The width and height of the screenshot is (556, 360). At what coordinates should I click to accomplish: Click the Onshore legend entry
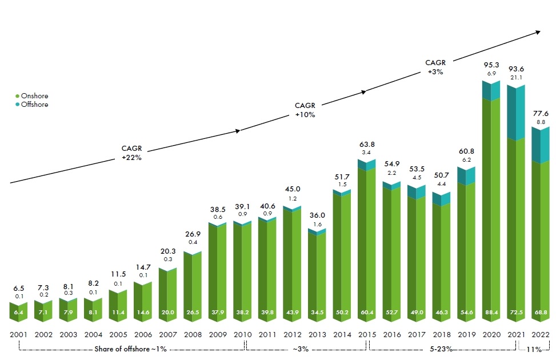[34, 96]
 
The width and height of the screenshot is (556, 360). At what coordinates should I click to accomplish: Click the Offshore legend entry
[34, 105]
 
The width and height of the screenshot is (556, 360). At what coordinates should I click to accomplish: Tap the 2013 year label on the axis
[317, 335]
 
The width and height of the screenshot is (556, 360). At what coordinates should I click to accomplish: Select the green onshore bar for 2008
[193, 286]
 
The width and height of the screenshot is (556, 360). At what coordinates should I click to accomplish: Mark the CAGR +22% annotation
[131, 153]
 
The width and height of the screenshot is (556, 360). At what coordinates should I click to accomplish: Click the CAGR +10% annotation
[305, 110]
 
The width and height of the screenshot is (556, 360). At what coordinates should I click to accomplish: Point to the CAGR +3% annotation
[435, 67]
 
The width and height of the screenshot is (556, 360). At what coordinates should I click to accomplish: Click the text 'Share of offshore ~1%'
[131, 349]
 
